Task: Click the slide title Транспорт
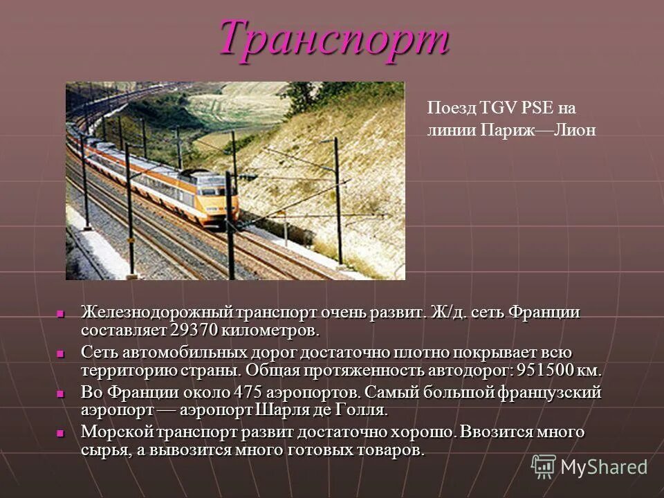click(334, 37)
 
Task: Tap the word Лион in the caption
click(578, 130)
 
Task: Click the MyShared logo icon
click(543, 467)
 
